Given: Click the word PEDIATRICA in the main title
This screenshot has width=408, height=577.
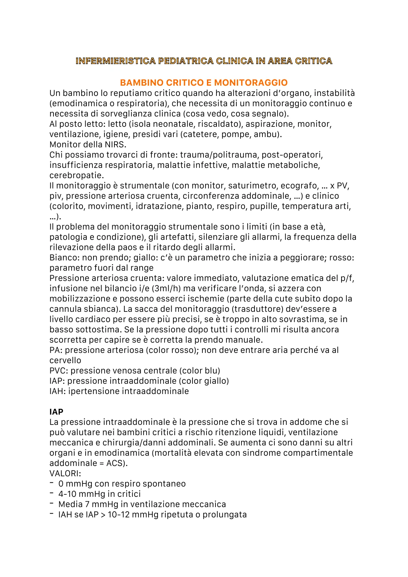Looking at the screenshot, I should click(x=185, y=61).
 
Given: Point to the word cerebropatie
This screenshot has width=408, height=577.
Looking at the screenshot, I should click(x=76, y=175).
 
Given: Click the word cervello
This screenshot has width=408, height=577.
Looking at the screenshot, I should click(x=65, y=360).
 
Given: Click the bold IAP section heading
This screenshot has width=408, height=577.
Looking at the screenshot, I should click(x=56, y=412).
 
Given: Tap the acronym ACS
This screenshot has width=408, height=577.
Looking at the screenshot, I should click(x=115, y=463).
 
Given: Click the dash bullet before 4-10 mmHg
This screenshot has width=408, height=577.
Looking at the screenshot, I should click(x=51, y=493).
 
